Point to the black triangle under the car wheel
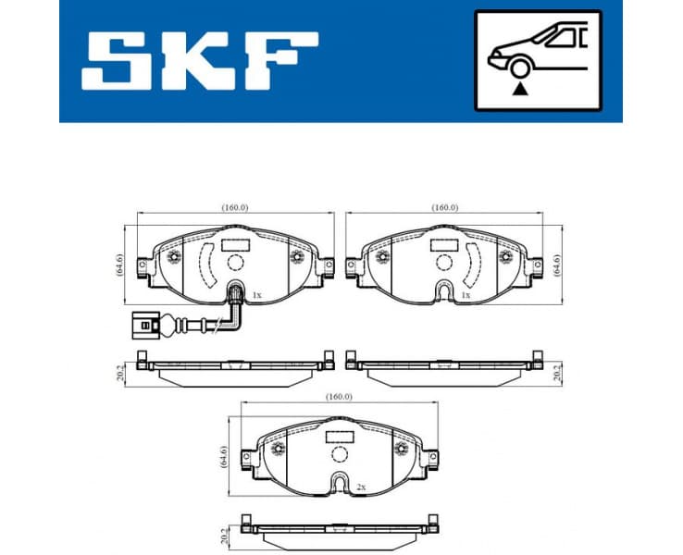tap(521, 89)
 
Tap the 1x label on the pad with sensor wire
tap(256, 295)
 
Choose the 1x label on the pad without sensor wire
tap(465, 295)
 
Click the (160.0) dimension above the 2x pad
tap(339, 397)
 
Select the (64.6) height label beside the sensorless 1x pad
tap(556, 265)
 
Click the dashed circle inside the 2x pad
tap(339, 455)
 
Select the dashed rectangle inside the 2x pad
tap(339, 433)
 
